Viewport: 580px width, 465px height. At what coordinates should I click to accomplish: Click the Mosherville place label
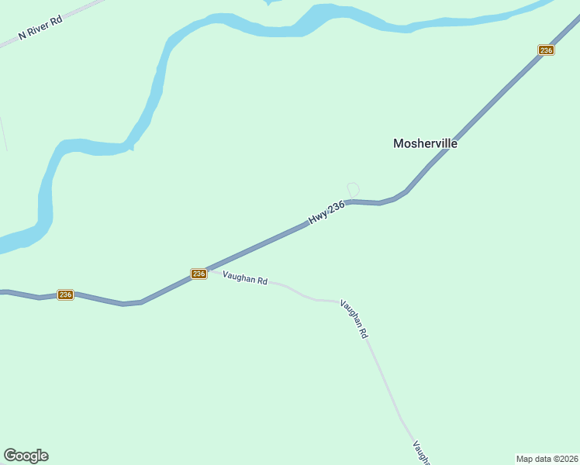click(425, 143)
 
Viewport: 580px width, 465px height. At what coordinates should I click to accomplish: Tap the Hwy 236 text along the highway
click(326, 212)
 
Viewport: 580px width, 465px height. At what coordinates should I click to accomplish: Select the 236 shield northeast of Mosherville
click(546, 50)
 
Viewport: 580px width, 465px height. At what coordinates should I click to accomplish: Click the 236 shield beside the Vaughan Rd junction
click(199, 274)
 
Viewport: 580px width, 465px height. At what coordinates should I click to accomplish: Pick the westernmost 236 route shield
click(65, 294)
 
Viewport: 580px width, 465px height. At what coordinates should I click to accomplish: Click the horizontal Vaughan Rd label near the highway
click(245, 277)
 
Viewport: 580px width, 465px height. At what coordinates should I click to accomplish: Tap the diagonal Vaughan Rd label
click(354, 319)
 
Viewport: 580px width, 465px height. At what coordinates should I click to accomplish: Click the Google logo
click(26, 456)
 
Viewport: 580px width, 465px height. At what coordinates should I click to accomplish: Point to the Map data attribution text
click(547, 459)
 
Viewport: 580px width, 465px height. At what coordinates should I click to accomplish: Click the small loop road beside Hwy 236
click(354, 190)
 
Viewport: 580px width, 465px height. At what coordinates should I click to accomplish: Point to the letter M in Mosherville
click(399, 143)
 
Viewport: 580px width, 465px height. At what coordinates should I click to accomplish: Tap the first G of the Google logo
click(9, 456)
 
